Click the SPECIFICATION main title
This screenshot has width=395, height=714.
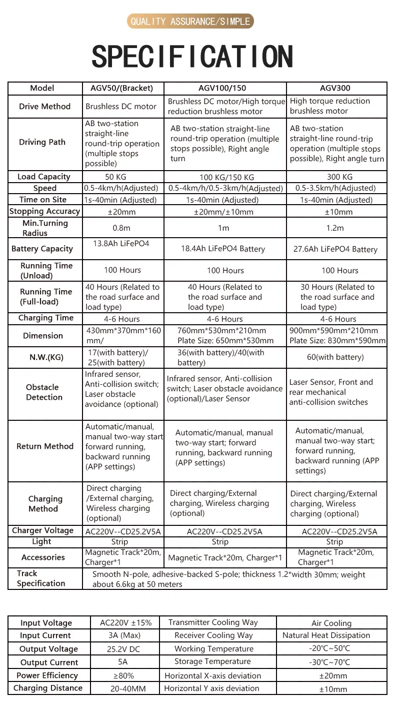[x=192, y=56]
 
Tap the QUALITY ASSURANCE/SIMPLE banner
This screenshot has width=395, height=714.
[x=190, y=21]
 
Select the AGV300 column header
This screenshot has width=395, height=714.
[x=335, y=88]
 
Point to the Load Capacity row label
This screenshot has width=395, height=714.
[x=44, y=177]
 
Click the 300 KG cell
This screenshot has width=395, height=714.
[x=339, y=177]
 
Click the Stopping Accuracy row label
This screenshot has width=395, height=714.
[x=44, y=211]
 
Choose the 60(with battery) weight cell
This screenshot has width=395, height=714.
[x=335, y=357]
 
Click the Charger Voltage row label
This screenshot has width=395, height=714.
[x=42, y=530]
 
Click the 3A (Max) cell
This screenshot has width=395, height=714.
[x=125, y=635]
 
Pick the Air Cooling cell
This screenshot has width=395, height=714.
[x=331, y=623]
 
